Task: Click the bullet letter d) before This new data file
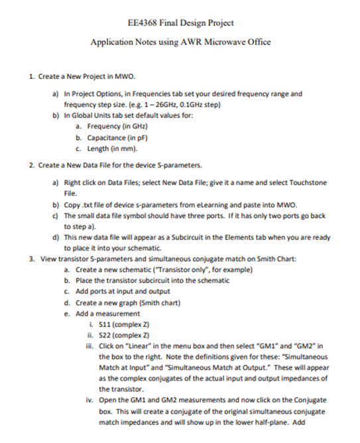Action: (55, 236)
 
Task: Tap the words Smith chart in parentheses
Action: (158, 301)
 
